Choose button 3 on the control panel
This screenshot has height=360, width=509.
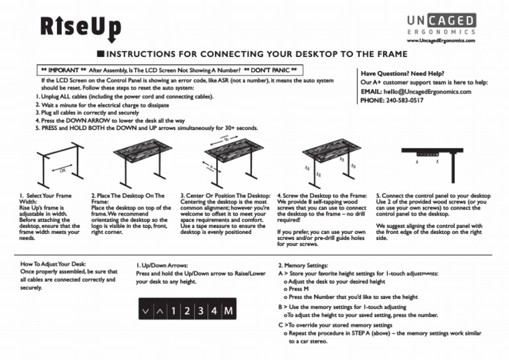point(200,310)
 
